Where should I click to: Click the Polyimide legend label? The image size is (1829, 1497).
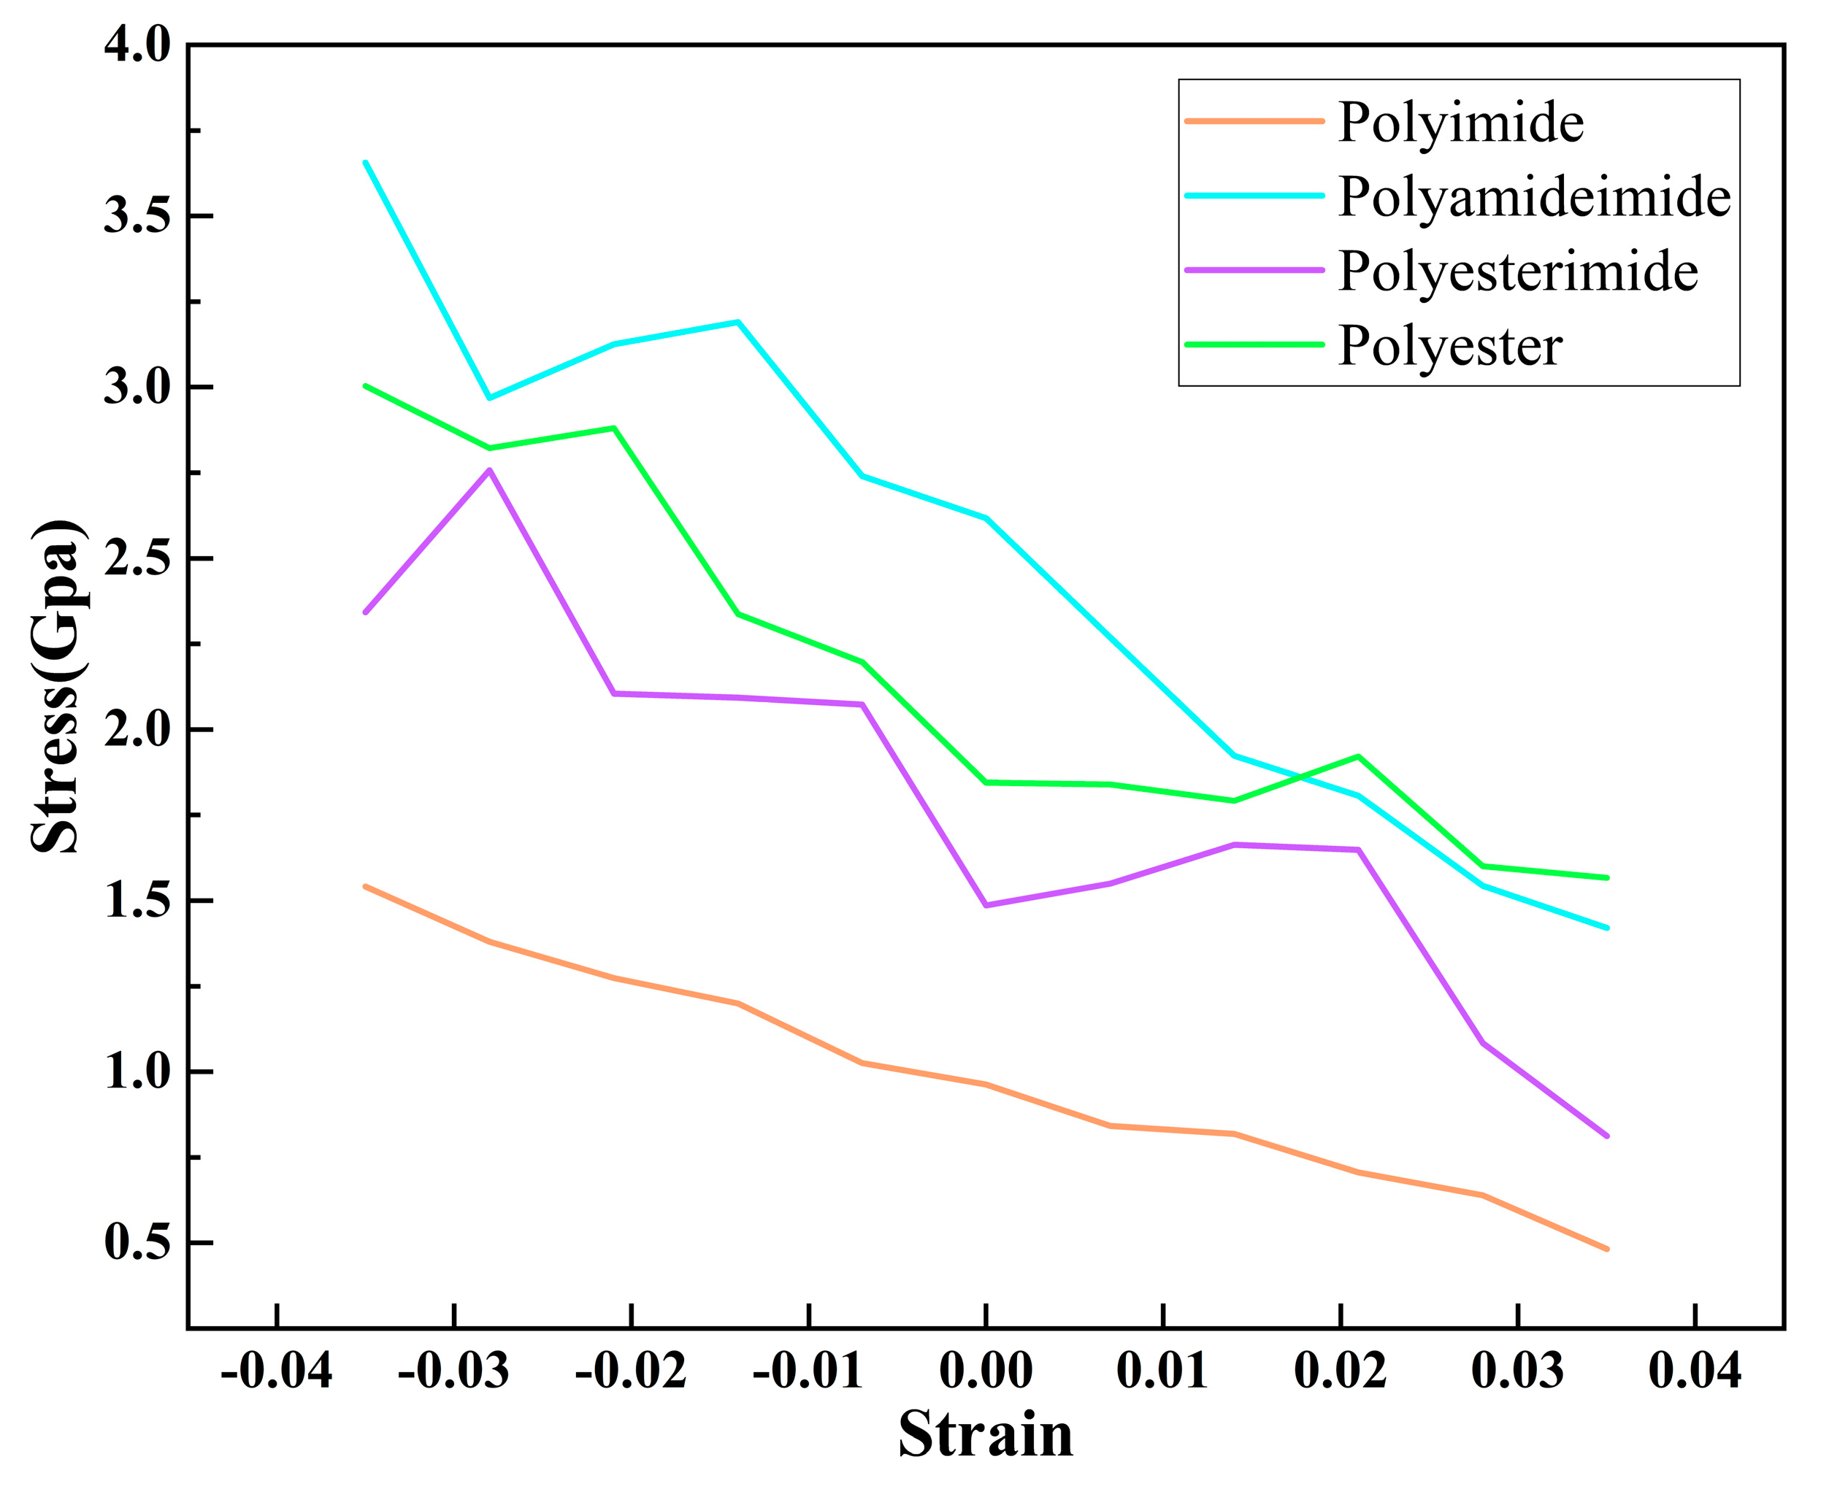[1460, 123]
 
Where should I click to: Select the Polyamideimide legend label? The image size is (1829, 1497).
[1534, 196]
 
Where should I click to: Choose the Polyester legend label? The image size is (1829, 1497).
[1449, 346]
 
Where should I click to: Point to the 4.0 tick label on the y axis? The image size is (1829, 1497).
[138, 45]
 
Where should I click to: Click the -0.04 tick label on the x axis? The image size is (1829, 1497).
[276, 1370]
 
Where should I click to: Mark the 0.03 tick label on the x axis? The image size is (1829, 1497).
[1517, 1370]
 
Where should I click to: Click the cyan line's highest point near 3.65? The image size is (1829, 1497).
[366, 162]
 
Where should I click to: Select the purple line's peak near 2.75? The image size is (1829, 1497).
[489, 470]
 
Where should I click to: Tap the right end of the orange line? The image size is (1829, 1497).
[1607, 1249]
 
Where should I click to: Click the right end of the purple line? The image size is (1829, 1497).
[1607, 1136]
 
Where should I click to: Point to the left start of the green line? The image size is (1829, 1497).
[366, 385]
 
